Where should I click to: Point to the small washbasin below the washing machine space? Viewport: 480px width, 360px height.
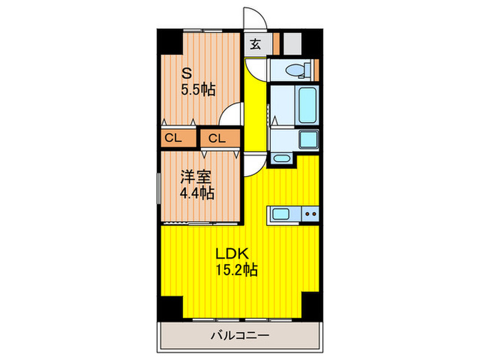pos(281,159)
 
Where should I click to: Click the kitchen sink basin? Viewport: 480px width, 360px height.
pos(280,214)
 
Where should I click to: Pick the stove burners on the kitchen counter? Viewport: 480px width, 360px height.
pos(310,214)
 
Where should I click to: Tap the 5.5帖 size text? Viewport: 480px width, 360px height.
pos(197,90)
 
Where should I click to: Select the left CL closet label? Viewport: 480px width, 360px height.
pos(171,138)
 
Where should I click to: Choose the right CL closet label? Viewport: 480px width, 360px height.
pos(216,138)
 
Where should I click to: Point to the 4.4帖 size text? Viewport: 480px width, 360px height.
pos(197,193)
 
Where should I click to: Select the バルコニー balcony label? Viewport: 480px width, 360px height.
pos(240,335)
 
